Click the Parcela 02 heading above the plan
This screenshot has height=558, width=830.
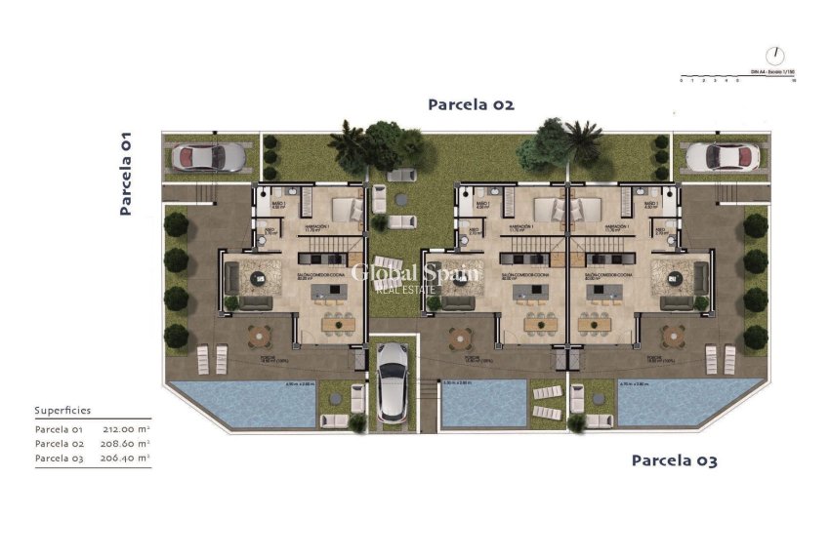click(471, 104)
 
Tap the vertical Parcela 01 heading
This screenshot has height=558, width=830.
click(125, 174)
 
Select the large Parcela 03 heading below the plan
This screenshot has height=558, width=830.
click(674, 460)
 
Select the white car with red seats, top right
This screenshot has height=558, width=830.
click(722, 156)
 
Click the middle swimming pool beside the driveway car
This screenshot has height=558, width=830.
click(476, 402)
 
